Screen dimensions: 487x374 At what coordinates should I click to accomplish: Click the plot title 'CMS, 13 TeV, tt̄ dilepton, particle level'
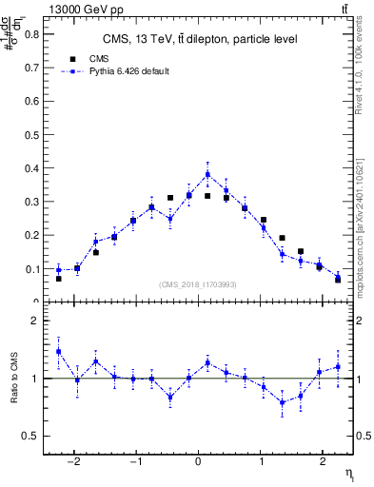[x=201, y=39]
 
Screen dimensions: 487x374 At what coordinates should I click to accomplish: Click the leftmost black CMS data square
[x=58, y=279]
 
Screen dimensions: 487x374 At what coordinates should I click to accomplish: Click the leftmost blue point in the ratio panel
[x=58, y=351]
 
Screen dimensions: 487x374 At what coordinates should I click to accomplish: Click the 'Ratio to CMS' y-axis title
[x=13, y=378]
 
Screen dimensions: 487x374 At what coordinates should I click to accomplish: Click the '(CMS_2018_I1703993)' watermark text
[x=198, y=284]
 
